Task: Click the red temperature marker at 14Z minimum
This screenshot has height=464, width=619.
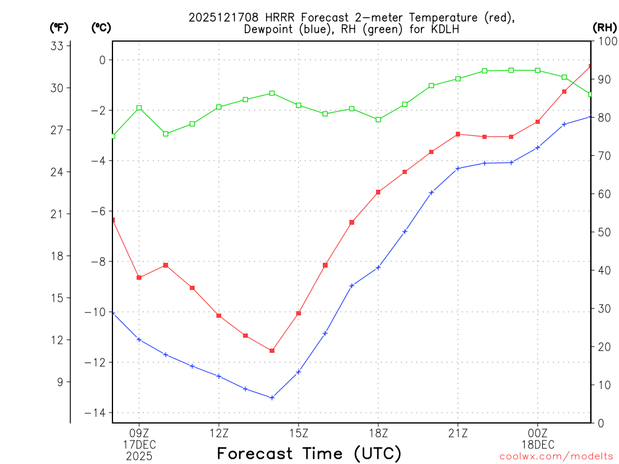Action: pos(272,350)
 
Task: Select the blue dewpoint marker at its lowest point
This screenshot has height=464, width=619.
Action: pos(272,398)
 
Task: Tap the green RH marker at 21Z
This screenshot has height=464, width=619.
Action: pos(458,79)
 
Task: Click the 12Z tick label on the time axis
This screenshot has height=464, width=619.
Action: pos(219,433)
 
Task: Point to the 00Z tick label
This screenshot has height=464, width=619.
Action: pos(537,433)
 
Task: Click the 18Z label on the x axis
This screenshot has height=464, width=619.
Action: pos(378,433)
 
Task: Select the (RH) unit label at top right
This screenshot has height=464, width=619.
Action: pos(604,27)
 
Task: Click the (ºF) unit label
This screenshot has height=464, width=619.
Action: pos(59,27)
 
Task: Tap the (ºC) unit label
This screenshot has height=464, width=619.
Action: pos(101,27)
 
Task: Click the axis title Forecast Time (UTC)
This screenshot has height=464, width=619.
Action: pos(309,453)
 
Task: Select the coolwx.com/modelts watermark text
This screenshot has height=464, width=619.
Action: pos(556,457)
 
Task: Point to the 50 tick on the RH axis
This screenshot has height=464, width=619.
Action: pos(602,232)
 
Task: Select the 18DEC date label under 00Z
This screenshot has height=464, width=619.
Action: pos(537,444)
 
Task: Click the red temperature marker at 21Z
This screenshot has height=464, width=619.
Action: pos(458,134)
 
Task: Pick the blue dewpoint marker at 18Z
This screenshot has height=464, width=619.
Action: pos(378,267)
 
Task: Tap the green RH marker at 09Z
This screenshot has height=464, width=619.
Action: pos(139,108)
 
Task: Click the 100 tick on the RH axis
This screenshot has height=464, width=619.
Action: pos(604,41)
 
